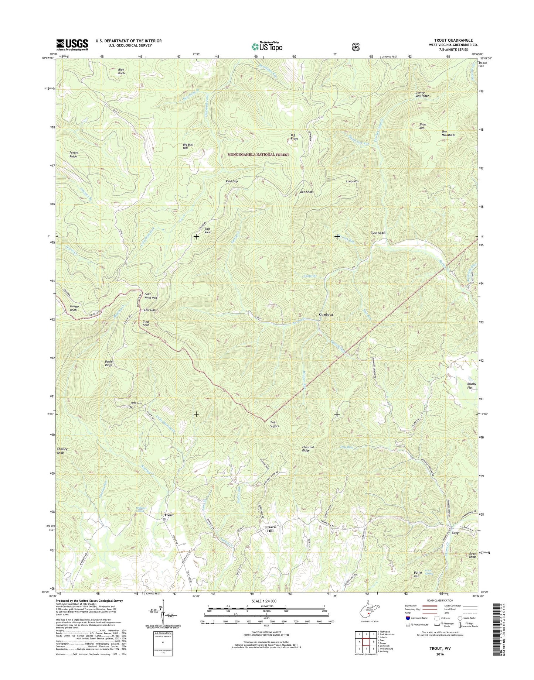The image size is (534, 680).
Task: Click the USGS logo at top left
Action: coord(72,44)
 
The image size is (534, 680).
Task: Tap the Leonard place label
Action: coord(378,233)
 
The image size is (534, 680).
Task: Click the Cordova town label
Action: coord(326,314)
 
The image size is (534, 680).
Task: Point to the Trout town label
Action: coord(169,515)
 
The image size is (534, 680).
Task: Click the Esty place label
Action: coord(455,533)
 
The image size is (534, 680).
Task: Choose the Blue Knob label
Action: coord(121,71)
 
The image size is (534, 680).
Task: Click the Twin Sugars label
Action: coord(274,424)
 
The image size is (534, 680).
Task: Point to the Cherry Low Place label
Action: coord(422,94)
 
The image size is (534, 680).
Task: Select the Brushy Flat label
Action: coord(471,386)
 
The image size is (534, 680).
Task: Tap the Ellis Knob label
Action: coord(208,230)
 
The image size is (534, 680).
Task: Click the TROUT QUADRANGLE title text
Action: coord(453,40)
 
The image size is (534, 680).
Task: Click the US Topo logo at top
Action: coord(267,47)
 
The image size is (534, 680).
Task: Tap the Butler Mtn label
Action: coord(418,574)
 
